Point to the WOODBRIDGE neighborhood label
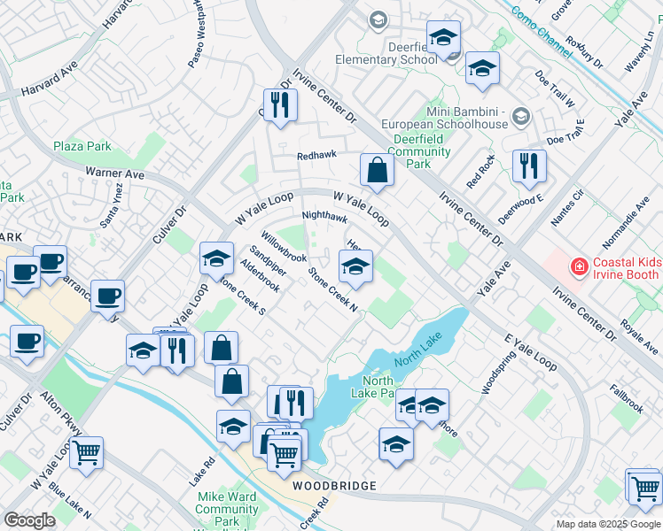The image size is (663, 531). coord(335,487)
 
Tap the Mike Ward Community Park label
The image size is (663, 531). coord(227,510)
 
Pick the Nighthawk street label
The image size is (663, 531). coord(324,217)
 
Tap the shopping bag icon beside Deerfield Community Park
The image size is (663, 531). coord(378,172)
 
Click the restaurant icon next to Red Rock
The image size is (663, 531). coord(529,165)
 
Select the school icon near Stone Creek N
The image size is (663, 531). coord(355,267)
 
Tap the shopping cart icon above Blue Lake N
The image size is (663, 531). coord(86,453)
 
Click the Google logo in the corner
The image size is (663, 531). coord(29,520)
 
